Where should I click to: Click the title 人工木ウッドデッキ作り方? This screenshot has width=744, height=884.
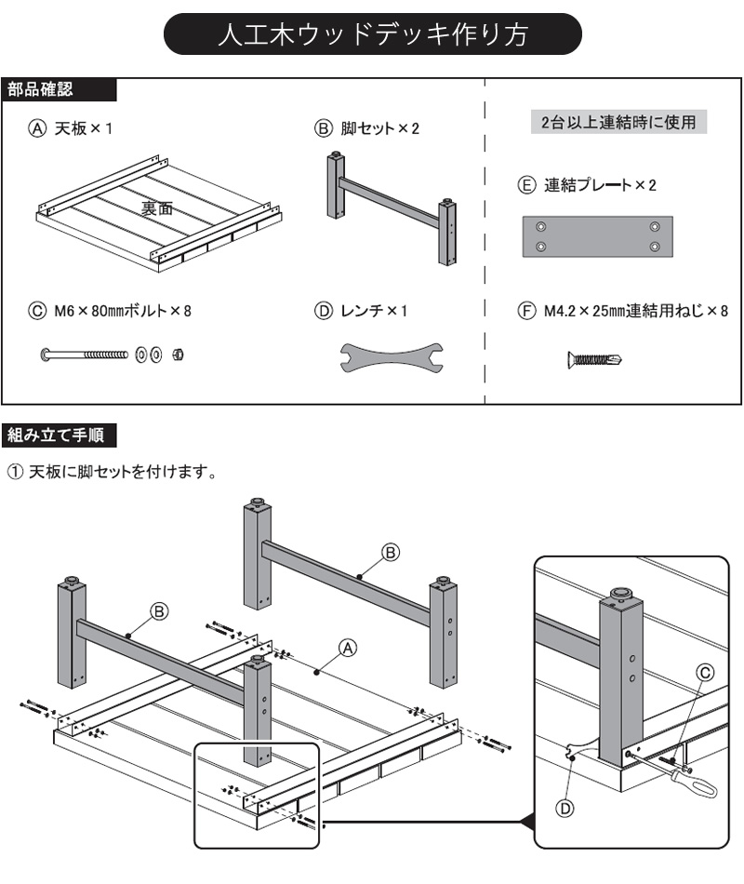[x=372, y=35]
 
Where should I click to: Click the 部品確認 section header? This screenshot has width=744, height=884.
[x=42, y=90]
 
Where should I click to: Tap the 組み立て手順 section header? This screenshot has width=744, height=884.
[x=60, y=434]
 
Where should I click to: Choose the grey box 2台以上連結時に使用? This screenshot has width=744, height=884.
[x=618, y=122]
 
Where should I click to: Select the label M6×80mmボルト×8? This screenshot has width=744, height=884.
[x=111, y=311]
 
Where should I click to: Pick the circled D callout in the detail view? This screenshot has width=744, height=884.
[x=565, y=808]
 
